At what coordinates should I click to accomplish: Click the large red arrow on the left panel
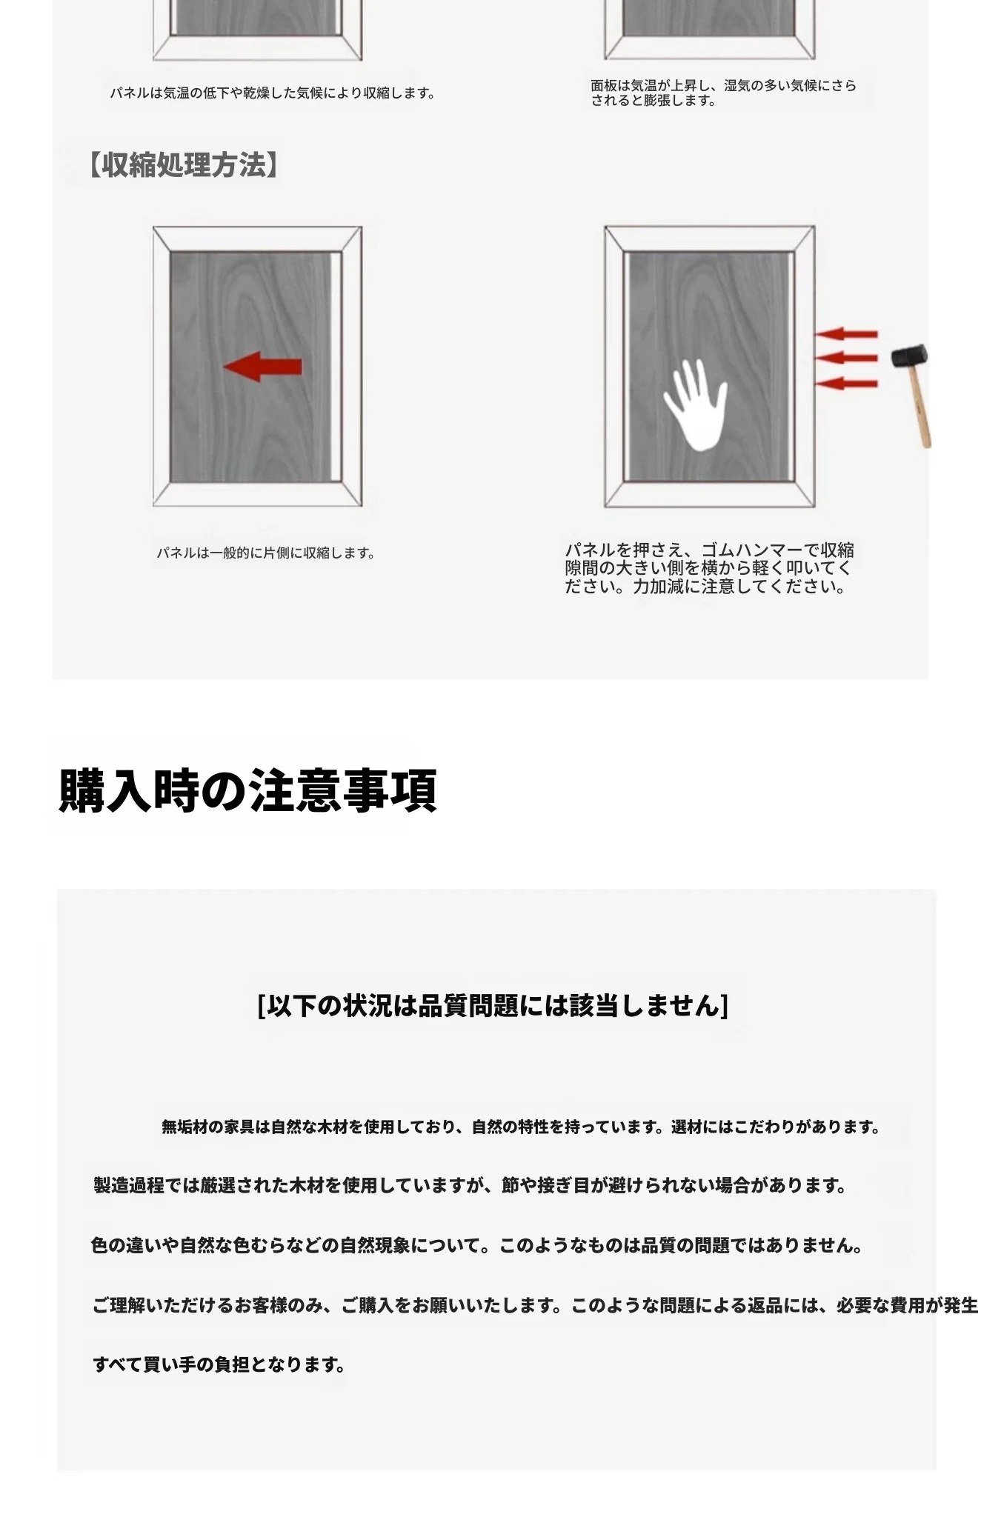[262, 367]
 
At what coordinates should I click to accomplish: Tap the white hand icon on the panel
[695, 404]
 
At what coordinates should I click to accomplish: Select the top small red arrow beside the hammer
[846, 334]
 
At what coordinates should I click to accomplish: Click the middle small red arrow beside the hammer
[846, 359]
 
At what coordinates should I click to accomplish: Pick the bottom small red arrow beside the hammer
[846, 384]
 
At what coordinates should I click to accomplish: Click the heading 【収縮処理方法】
[184, 164]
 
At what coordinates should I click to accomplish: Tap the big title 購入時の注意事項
[247, 790]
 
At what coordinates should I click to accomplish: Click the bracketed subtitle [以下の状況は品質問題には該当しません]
[493, 1005]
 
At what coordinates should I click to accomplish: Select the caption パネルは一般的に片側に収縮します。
[266, 553]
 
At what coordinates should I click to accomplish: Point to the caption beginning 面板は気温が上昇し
[723, 93]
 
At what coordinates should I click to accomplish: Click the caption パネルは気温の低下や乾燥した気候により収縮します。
[273, 93]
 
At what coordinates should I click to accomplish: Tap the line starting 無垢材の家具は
[522, 1127]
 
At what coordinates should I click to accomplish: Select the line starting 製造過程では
[470, 1186]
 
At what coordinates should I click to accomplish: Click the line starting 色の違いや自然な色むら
[478, 1245]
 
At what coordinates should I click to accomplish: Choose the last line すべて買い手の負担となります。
[219, 1364]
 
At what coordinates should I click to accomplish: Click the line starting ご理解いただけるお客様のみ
[536, 1304]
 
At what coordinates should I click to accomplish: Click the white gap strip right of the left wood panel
[336, 367]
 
